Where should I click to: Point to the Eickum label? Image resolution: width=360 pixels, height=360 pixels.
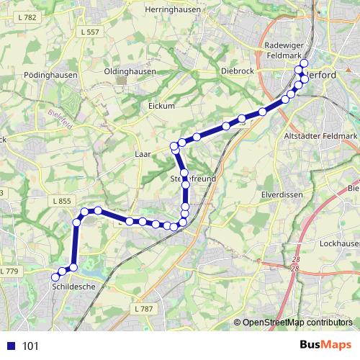point(161,106)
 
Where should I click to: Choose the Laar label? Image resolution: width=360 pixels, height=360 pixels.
point(143,154)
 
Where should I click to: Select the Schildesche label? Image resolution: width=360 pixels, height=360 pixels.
point(73,287)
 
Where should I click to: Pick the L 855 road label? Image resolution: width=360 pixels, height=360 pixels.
point(61,201)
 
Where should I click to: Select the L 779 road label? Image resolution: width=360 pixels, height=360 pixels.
point(9,271)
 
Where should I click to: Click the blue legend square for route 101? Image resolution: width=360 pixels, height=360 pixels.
point(10,346)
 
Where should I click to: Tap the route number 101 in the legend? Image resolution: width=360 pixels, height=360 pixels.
point(30,346)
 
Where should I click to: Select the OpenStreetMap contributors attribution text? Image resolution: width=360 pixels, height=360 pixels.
point(296,323)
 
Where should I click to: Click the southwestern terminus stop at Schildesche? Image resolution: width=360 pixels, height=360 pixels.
point(55,276)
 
